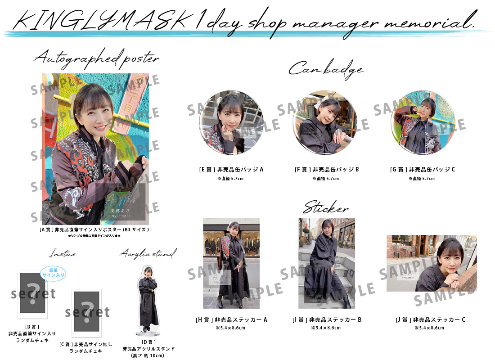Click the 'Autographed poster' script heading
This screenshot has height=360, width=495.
(96, 59)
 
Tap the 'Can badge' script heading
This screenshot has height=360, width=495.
(326, 69)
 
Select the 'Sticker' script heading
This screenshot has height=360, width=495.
(326, 209)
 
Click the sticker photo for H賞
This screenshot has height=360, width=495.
(231, 263)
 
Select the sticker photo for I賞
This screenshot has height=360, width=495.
(326, 263)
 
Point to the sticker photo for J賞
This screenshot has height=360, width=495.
(432, 263)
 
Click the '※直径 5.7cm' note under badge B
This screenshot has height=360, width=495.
(326, 179)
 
